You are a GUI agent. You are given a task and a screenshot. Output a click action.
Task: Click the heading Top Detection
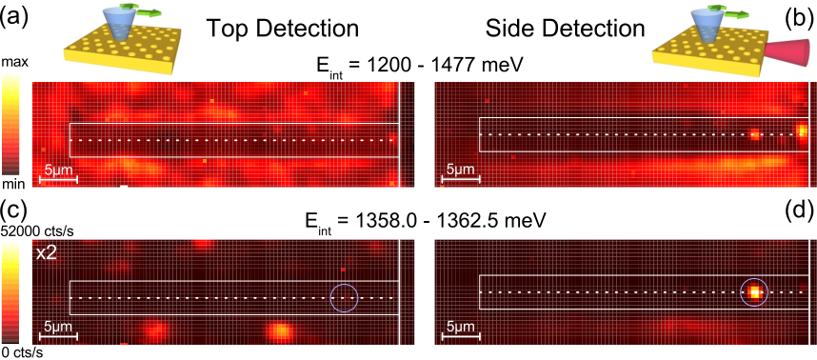[283, 30]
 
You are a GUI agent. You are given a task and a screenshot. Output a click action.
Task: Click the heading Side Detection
[565, 30]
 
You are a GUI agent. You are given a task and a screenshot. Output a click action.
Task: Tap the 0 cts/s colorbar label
[22, 353]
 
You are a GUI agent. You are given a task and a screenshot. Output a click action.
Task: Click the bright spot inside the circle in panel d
[754, 292]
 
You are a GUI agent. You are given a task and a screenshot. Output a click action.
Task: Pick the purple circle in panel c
[345, 284]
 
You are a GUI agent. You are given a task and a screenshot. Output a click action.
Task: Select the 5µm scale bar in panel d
[460, 337]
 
